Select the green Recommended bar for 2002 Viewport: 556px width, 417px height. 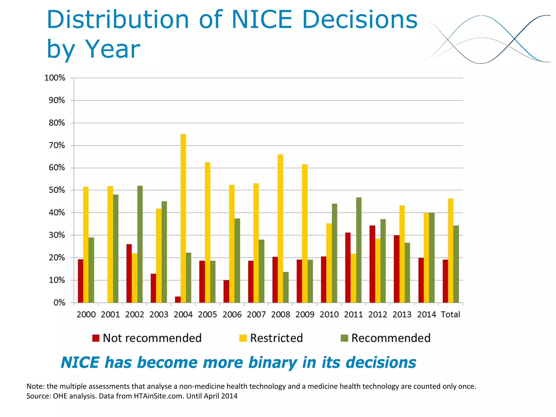coord(140,244)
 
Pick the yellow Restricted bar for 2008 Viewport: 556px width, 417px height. coord(280,228)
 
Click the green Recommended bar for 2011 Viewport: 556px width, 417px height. coord(359,250)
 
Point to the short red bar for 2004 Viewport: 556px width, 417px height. coord(178,299)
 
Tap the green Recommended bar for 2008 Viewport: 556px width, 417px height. coord(286,287)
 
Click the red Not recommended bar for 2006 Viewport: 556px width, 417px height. coord(226,291)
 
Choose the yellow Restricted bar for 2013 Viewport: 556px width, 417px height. coord(402,254)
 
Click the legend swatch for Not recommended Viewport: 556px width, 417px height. coord(96,338)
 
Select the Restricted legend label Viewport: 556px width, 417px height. coord(276,338)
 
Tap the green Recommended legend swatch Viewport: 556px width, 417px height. coord(344,338)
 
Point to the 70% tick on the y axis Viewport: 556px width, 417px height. coord(57,146)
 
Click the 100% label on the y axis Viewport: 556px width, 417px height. coord(55,78)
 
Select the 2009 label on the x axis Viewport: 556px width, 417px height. coord(305,315)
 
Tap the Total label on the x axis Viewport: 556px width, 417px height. coord(450,315)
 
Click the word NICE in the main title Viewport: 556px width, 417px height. coord(261,20)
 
